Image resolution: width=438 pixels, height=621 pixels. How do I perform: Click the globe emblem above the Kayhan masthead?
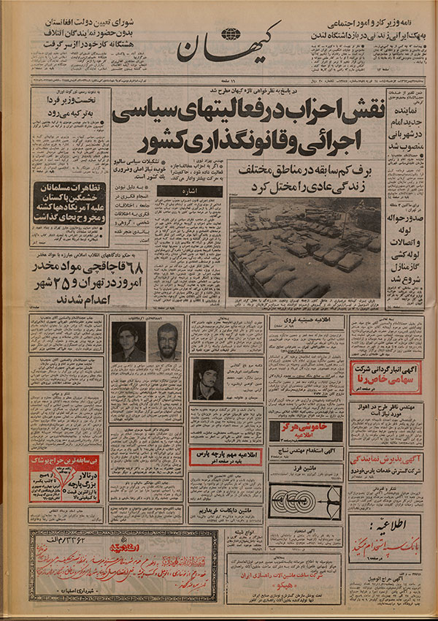point(231,34)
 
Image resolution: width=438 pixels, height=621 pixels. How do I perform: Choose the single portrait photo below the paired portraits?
point(207,379)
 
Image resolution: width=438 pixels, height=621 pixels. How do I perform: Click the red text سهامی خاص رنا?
point(385,381)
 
